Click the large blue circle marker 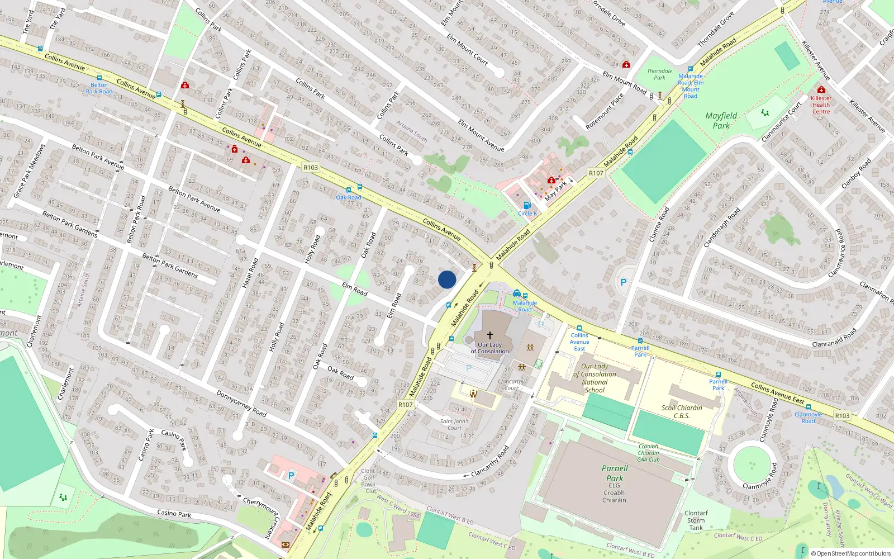point(447,279)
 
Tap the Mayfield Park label point(721,121)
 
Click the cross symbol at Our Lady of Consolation point(490,335)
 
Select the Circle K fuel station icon point(526,205)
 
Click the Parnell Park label point(615,473)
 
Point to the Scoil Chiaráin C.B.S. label point(682,411)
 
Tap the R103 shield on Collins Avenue point(311,167)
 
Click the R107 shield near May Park point(596,173)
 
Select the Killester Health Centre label point(821,105)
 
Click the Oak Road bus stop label point(349,197)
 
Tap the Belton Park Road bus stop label point(99,88)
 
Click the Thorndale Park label point(660,74)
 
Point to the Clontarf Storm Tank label point(696,520)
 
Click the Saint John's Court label point(454,425)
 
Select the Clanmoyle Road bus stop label point(808,418)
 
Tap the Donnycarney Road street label point(241,403)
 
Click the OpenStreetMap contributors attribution point(851,553)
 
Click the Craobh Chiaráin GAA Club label point(648,453)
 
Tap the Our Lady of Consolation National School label point(595,378)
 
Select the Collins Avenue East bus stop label point(579,342)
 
